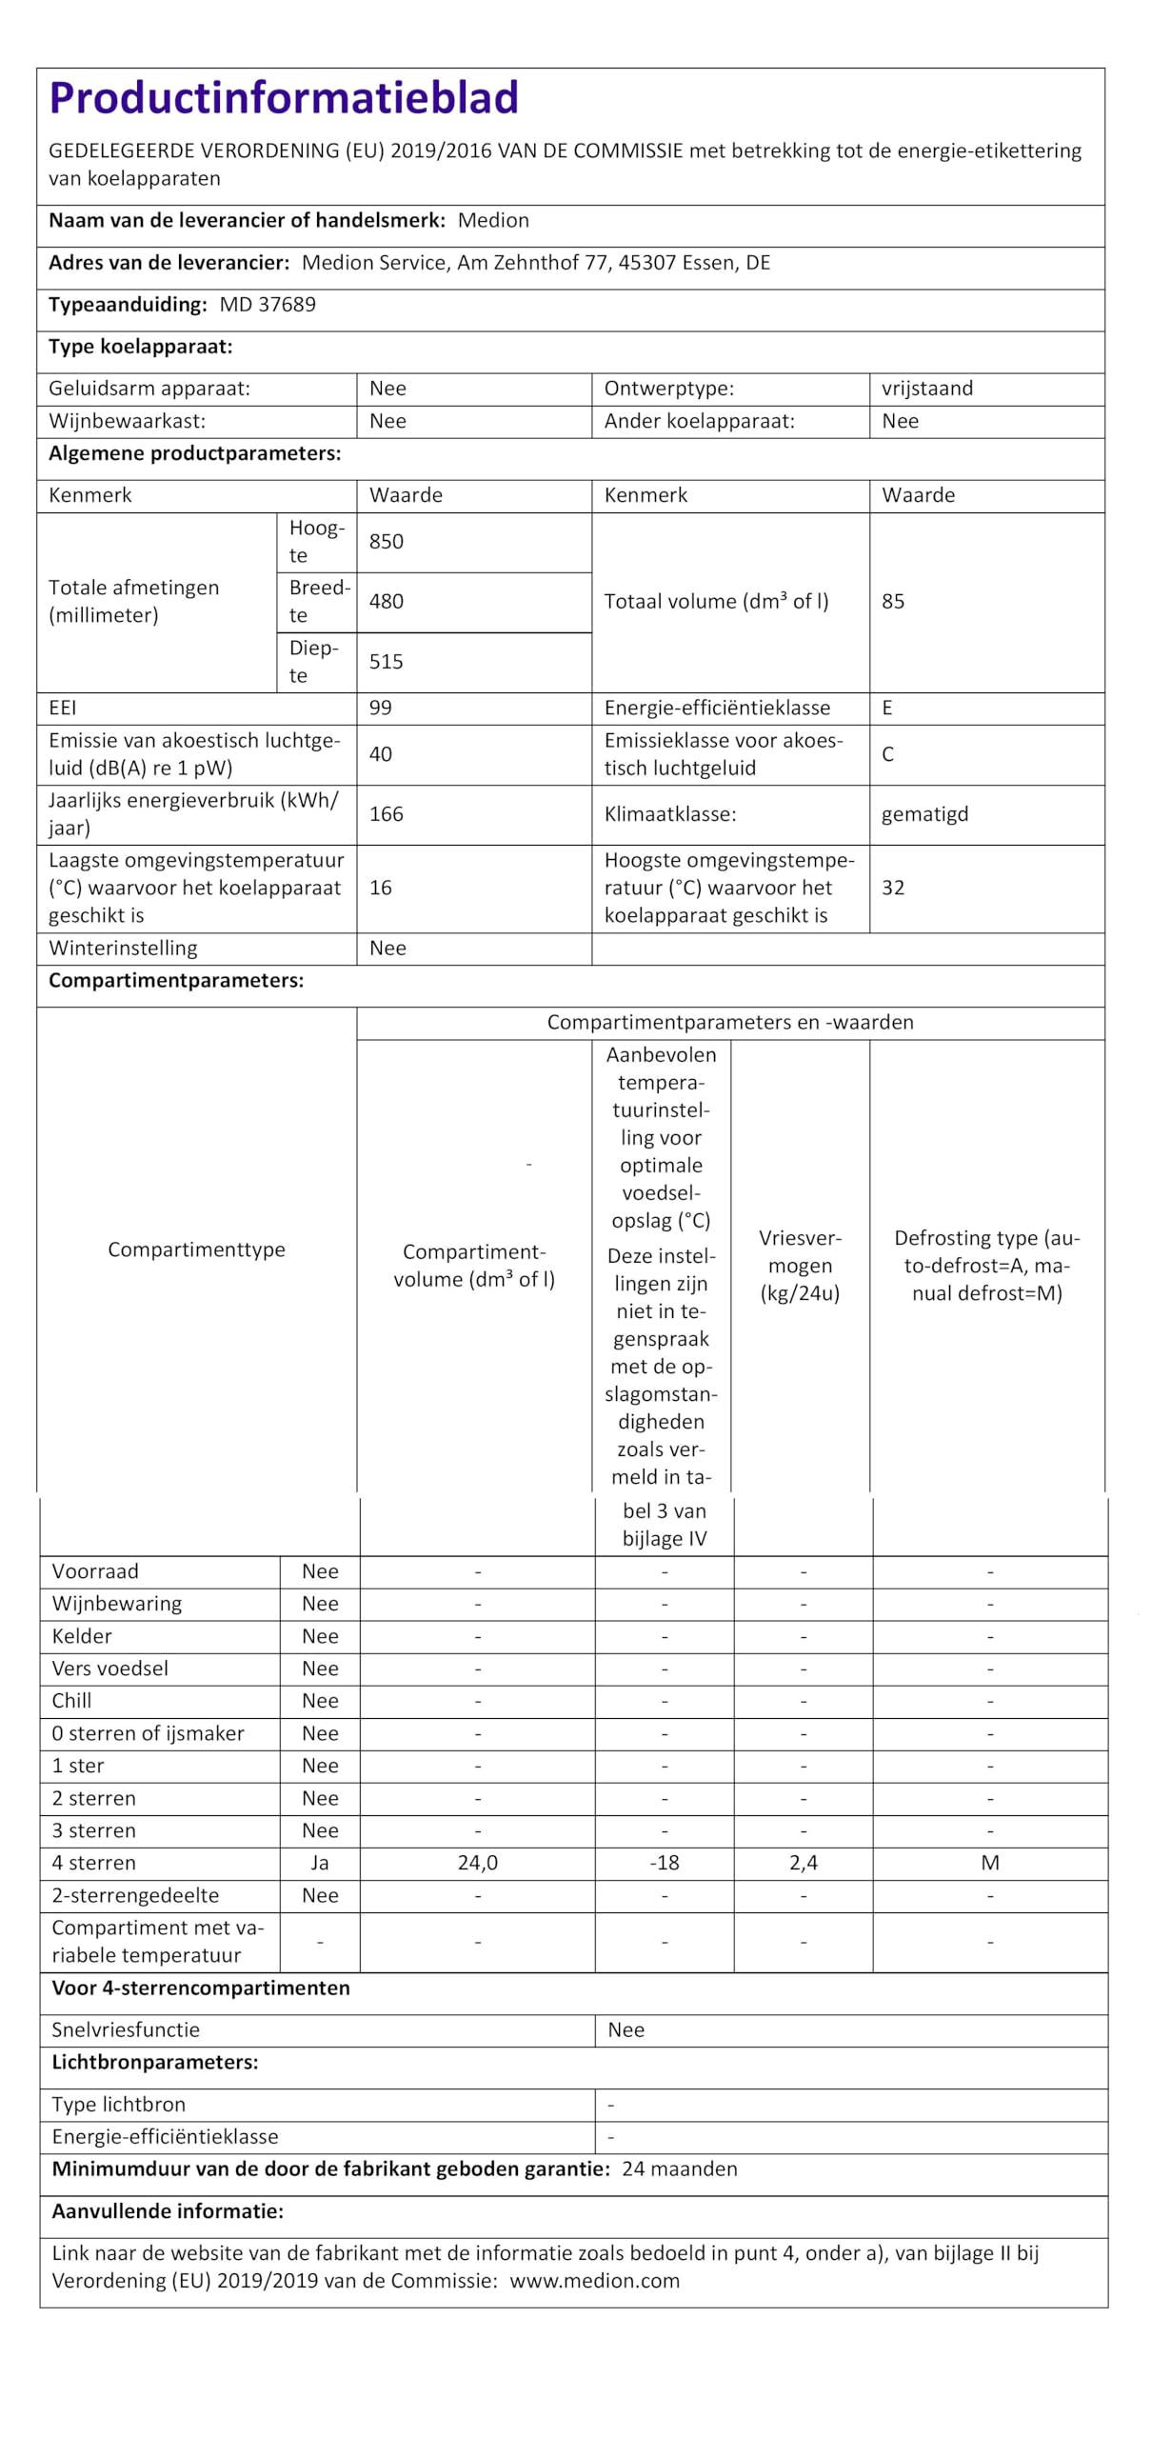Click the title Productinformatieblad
click(x=283, y=98)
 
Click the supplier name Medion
click(x=492, y=220)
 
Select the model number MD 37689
click(x=268, y=305)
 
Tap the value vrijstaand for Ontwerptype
click(x=926, y=389)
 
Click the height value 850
click(x=386, y=541)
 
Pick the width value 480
click(x=386, y=601)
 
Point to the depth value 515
click(x=386, y=661)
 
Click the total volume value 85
click(x=892, y=601)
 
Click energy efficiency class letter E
click(x=886, y=708)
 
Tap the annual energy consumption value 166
click(x=386, y=813)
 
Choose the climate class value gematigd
click(x=924, y=814)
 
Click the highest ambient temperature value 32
click(x=892, y=888)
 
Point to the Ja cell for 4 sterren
click(x=319, y=1863)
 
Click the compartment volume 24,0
click(x=477, y=1863)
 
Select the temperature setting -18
click(x=664, y=1863)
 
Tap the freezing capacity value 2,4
click(x=803, y=1863)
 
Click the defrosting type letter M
click(x=989, y=1863)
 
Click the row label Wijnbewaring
click(x=116, y=1604)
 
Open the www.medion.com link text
click(x=594, y=2281)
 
